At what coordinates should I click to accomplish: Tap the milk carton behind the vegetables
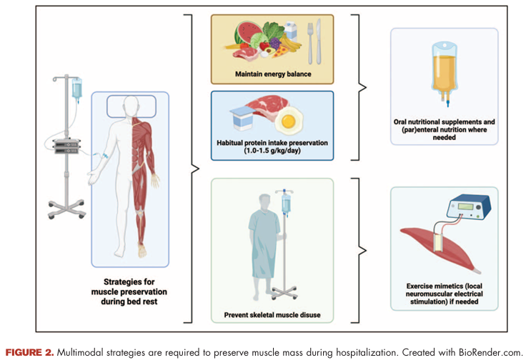point(289,31)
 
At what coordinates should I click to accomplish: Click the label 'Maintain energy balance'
point(272,74)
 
